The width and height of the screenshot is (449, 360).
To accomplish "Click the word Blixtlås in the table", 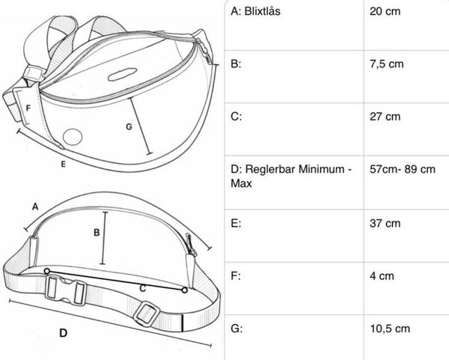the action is coord(263,11).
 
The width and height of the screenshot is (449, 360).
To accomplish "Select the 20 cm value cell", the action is coord(385,11).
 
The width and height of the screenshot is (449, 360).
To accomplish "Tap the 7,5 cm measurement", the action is coord(387,64).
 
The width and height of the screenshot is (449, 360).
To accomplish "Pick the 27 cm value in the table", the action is coord(385,117).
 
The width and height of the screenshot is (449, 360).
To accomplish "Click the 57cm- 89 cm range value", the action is coord(403,169).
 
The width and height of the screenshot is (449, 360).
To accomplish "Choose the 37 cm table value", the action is coord(385,223).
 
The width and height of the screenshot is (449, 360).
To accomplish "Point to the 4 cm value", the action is coord(382,276).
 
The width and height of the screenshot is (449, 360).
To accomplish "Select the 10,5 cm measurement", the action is coord(390,329).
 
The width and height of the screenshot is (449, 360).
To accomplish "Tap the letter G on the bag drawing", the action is coord(129,126).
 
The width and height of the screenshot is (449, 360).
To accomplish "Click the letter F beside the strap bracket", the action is coord(28,109).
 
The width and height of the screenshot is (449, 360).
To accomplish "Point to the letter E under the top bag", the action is coord(64,164).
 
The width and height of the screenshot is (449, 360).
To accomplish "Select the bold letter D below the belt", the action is coord(64,333).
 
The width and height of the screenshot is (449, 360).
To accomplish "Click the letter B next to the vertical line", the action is coord(97,233).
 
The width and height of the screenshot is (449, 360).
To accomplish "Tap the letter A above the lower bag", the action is coord(35,207).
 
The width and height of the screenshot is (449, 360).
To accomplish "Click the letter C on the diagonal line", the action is coord(143,288).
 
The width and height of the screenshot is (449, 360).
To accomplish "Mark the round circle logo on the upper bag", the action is coord(73,137).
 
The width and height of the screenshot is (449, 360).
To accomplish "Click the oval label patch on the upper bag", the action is coord(122,74).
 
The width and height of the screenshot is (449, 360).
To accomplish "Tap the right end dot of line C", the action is coord(185,290).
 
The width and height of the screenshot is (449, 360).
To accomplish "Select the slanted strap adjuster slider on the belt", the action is coord(147,314).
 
